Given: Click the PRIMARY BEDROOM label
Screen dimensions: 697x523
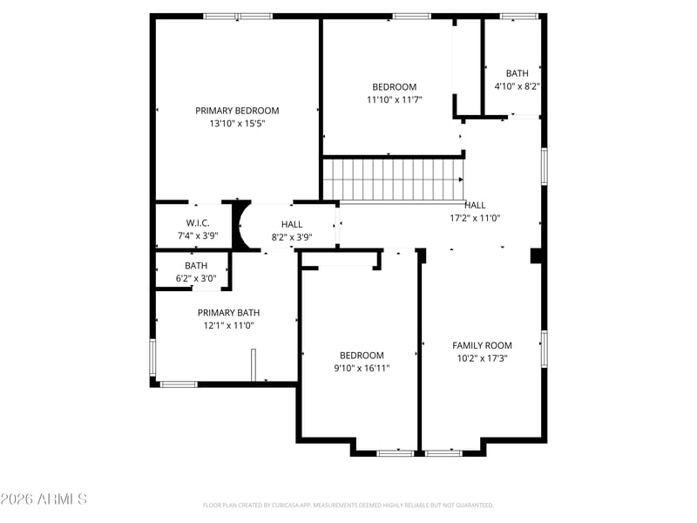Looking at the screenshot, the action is point(237,111).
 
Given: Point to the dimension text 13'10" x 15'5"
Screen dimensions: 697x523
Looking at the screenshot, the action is point(237,123).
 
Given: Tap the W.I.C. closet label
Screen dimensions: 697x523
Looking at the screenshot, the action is point(198,223).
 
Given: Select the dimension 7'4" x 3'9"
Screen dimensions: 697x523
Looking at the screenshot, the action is point(198,235).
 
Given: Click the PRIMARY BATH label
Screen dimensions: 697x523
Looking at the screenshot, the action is point(228,313).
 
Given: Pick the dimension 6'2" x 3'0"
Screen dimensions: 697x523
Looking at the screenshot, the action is point(196,279).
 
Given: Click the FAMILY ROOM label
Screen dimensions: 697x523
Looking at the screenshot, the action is point(482,345).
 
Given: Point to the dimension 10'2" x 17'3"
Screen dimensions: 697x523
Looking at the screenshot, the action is point(483,358).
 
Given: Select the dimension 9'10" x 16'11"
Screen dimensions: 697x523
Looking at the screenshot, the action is point(362,368).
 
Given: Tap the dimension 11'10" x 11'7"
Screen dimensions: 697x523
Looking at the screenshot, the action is point(395,99).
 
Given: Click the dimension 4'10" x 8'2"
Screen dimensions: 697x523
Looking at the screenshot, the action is point(518,86).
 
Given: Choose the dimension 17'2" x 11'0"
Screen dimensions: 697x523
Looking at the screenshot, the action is point(475,219).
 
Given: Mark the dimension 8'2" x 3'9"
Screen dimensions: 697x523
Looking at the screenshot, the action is point(292,237).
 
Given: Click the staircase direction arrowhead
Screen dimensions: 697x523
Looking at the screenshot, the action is point(461,180).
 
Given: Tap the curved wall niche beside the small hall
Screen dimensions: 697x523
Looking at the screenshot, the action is point(241,225).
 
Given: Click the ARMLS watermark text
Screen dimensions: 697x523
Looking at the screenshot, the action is point(44,499).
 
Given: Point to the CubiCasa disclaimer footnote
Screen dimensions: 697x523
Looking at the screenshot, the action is point(348,506).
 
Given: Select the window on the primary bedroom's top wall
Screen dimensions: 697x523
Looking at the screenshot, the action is point(238,17).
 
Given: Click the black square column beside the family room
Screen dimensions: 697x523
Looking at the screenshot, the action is point(536,256).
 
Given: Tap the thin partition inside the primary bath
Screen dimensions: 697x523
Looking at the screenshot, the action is point(254,364).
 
